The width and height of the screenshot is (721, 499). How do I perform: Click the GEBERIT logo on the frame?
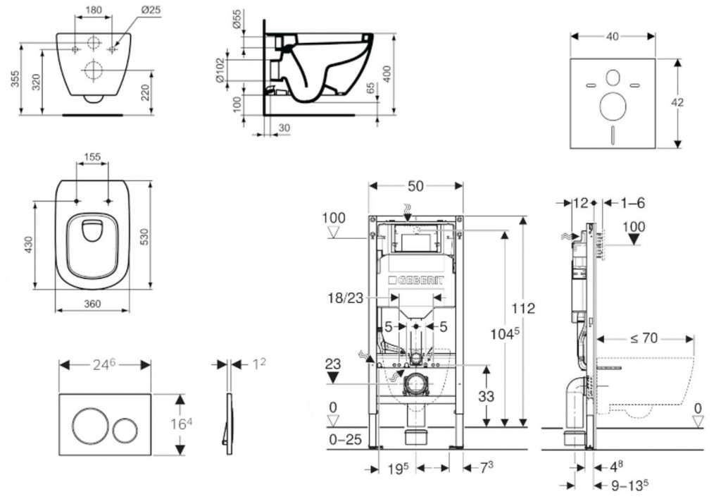[x=416, y=281]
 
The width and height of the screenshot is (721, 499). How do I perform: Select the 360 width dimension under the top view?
[x=92, y=304]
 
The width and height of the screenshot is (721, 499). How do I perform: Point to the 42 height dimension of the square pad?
[x=677, y=102]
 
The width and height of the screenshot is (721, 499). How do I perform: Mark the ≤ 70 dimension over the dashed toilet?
[x=644, y=338]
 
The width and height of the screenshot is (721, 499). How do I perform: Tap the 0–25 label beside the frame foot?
[x=344, y=440]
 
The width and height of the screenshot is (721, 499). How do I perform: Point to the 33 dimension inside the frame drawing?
[x=486, y=396]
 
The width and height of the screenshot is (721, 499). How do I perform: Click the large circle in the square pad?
[x=613, y=106]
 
